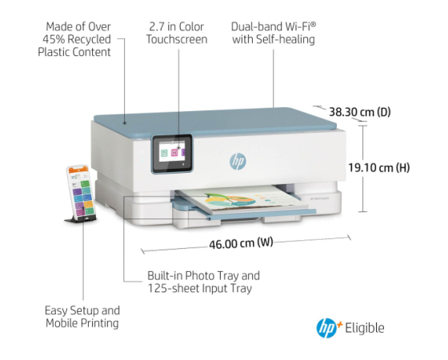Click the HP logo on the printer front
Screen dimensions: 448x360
[238, 162]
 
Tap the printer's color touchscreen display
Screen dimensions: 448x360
[172, 154]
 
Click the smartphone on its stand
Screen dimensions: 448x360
[81, 191]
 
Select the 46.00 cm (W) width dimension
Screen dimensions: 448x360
[241, 243]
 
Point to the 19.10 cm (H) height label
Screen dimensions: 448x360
[379, 167]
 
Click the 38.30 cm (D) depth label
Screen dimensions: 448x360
[360, 112]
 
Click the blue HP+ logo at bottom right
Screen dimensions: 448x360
[329, 328]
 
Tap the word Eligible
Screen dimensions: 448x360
[365, 328]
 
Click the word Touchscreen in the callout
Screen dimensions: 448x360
[177, 39]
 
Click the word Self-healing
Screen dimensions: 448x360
[286, 39]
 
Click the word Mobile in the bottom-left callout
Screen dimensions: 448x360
[62, 323]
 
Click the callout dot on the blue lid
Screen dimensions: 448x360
[125, 123]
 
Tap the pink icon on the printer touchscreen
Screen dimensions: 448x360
[174, 153]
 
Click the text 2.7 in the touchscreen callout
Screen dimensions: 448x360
[157, 27]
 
